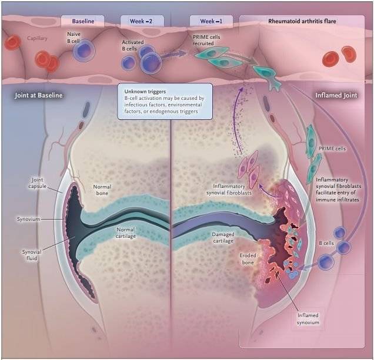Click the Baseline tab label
pyautogui.click(x=83, y=21)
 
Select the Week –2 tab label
pyautogui.click(x=141, y=21)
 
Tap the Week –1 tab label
pyautogui.click(x=211, y=21)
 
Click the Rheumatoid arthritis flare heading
pyautogui.click(x=302, y=21)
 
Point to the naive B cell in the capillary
pyautogui.click(x=84, y=51)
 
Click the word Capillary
pyautogui.click(x=37, y=38)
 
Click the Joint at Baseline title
pyautogui.click(x=39, y=95)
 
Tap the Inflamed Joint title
pyautogui.click(x=336, y=95)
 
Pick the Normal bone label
pyautogui.click(x=102, y=190)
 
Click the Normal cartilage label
pyautogui.click(x=126, y=233)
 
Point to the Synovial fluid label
pyautogui.click(x=32, y=255)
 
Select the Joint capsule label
pyautogui.click(x=37, y=183)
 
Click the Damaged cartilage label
pyautogui.click(x=223, y=237)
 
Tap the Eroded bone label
pyautogui.click(x=248, y=259)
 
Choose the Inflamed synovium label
pyautogui.click(x=308, y=319)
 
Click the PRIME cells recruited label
pyautogui.click(x=206, y=41)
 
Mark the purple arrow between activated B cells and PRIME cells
pyautogui.click(x=173, y=55)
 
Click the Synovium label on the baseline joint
pyautogui.click(x=28, y=219)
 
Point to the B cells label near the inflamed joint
pyautogui.click(x=326, y=243)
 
